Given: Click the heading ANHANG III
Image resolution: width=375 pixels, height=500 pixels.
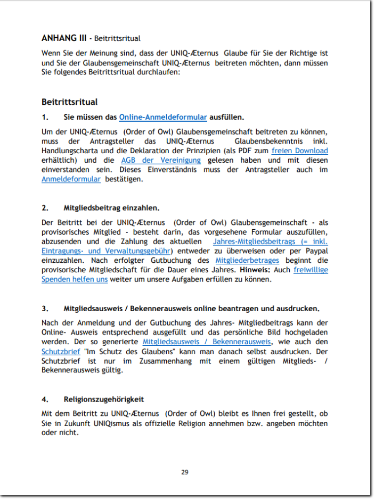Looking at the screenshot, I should pos(64,38).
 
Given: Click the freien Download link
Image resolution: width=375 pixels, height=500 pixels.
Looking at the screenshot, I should pos(299,151).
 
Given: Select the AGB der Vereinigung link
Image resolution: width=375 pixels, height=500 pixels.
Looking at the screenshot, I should pos(161,160).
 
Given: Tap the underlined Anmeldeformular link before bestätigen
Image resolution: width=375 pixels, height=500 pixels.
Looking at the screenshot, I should pos(71,179).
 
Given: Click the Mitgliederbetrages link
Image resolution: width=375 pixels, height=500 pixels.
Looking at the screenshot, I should pos(247,260).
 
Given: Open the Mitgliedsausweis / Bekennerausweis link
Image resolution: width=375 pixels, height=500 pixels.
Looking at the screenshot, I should pos(207,341).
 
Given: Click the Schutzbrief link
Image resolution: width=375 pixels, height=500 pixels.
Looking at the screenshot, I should pos(61,352).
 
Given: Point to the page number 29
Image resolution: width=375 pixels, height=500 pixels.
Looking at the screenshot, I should pos(185,472).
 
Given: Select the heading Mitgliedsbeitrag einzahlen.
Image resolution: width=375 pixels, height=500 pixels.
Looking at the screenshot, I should pos(111,208).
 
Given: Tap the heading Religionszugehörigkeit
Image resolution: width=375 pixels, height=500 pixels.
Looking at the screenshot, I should pos(104,399).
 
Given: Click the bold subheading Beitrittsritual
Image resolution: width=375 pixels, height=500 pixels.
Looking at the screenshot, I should pos(69,102).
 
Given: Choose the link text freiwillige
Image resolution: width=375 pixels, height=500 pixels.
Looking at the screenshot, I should pos(311,270).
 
